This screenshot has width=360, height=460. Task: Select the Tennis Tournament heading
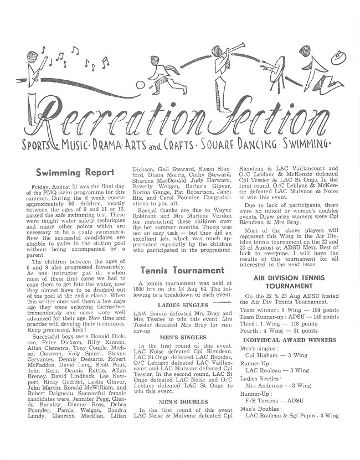[x=174, y=271]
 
